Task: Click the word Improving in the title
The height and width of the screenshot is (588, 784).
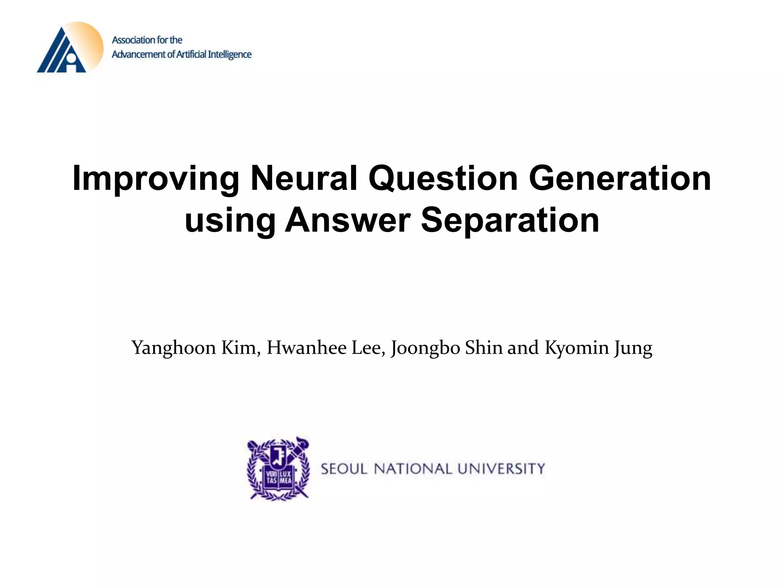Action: pyautogui.click(x=155, y=179)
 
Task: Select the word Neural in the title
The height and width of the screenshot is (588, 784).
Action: pyautogui.click(x=304, y=178)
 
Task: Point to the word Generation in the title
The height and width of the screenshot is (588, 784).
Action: pyautogui.click(x=620, y=178)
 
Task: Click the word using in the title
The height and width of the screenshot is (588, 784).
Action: pyautogui.click(x=230, y=221)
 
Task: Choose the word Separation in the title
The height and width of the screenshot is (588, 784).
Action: pyautogui.click(x=510, y=221)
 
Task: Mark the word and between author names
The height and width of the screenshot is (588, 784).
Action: pyautogui.click(x=523, y=348)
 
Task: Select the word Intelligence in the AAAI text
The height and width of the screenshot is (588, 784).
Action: pyautogui.click(x=230, y=55)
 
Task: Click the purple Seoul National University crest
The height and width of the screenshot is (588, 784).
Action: pyautogui.click(x=278, y=469)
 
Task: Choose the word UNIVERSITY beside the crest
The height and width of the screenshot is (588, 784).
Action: pyautogui.click(x=501, y=469)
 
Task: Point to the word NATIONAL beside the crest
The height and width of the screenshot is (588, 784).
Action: pyautogui.click(x=413, y=469)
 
